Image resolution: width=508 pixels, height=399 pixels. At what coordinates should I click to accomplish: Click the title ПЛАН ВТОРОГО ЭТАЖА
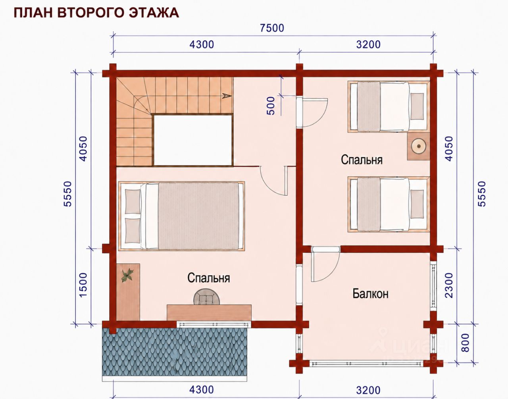[96, 13]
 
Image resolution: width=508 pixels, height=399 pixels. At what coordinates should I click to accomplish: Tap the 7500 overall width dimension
[272, 28]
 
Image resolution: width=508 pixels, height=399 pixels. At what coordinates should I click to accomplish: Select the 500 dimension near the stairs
[271, 106]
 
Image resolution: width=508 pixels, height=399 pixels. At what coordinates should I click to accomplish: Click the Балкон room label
[371, 293]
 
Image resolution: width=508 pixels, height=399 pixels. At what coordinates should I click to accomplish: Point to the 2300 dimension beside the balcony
[449, 285]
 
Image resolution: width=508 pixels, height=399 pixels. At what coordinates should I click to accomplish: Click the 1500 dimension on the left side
[83, 285]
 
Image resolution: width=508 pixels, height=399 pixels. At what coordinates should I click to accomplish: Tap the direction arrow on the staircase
[227, 96]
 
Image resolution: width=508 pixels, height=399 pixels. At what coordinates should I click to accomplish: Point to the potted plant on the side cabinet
[127, 275]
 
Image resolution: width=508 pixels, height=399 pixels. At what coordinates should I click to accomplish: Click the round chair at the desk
[207, 297]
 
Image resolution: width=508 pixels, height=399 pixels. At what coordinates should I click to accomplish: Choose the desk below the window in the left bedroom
[209, 312]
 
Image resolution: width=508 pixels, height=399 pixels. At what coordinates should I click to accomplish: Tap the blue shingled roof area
[175, 355]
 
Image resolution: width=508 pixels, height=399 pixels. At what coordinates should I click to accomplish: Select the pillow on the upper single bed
[417, 106]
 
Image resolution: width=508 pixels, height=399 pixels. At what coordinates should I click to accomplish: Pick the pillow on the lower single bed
[417, 204]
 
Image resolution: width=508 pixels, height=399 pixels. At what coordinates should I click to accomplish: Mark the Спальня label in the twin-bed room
[362, 160]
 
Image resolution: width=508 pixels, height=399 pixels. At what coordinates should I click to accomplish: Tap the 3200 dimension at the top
[368, 44]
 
